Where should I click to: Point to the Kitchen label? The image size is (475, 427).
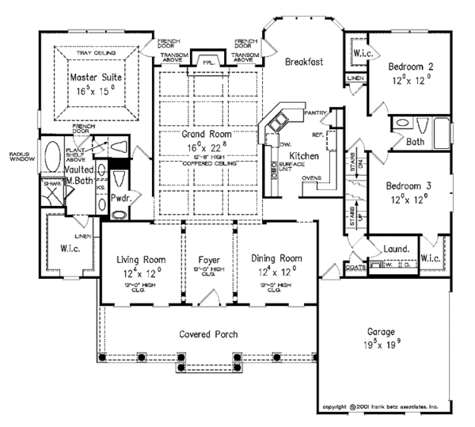point(303,156)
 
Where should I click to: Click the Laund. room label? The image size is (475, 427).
point(397,249)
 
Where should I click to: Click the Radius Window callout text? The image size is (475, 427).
point(19,155)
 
